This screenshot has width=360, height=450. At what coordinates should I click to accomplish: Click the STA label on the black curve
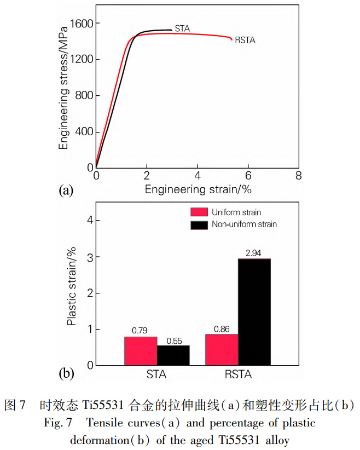tap(182, 28)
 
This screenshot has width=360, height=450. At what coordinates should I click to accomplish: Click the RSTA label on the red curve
tap(245, 40)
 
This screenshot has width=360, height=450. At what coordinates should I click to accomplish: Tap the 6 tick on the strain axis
tap(248, 176)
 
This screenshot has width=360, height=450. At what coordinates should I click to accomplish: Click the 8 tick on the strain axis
tap(298, 176)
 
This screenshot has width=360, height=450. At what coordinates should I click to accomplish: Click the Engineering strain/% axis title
tap(198, 190)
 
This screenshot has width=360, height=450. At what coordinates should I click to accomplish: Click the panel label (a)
tap(65, 191)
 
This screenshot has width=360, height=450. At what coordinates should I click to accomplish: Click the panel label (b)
tap(66, 374)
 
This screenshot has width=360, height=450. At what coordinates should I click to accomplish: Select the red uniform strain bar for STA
tap(141, 351)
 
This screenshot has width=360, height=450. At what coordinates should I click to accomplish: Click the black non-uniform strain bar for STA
tap(173, 355)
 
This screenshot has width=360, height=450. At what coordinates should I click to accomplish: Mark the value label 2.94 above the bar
tap(254, 252)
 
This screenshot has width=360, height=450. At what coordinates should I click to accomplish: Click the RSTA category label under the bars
tap(238, 375)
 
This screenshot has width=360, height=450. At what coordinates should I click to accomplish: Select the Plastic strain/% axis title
tap(71, 286)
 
